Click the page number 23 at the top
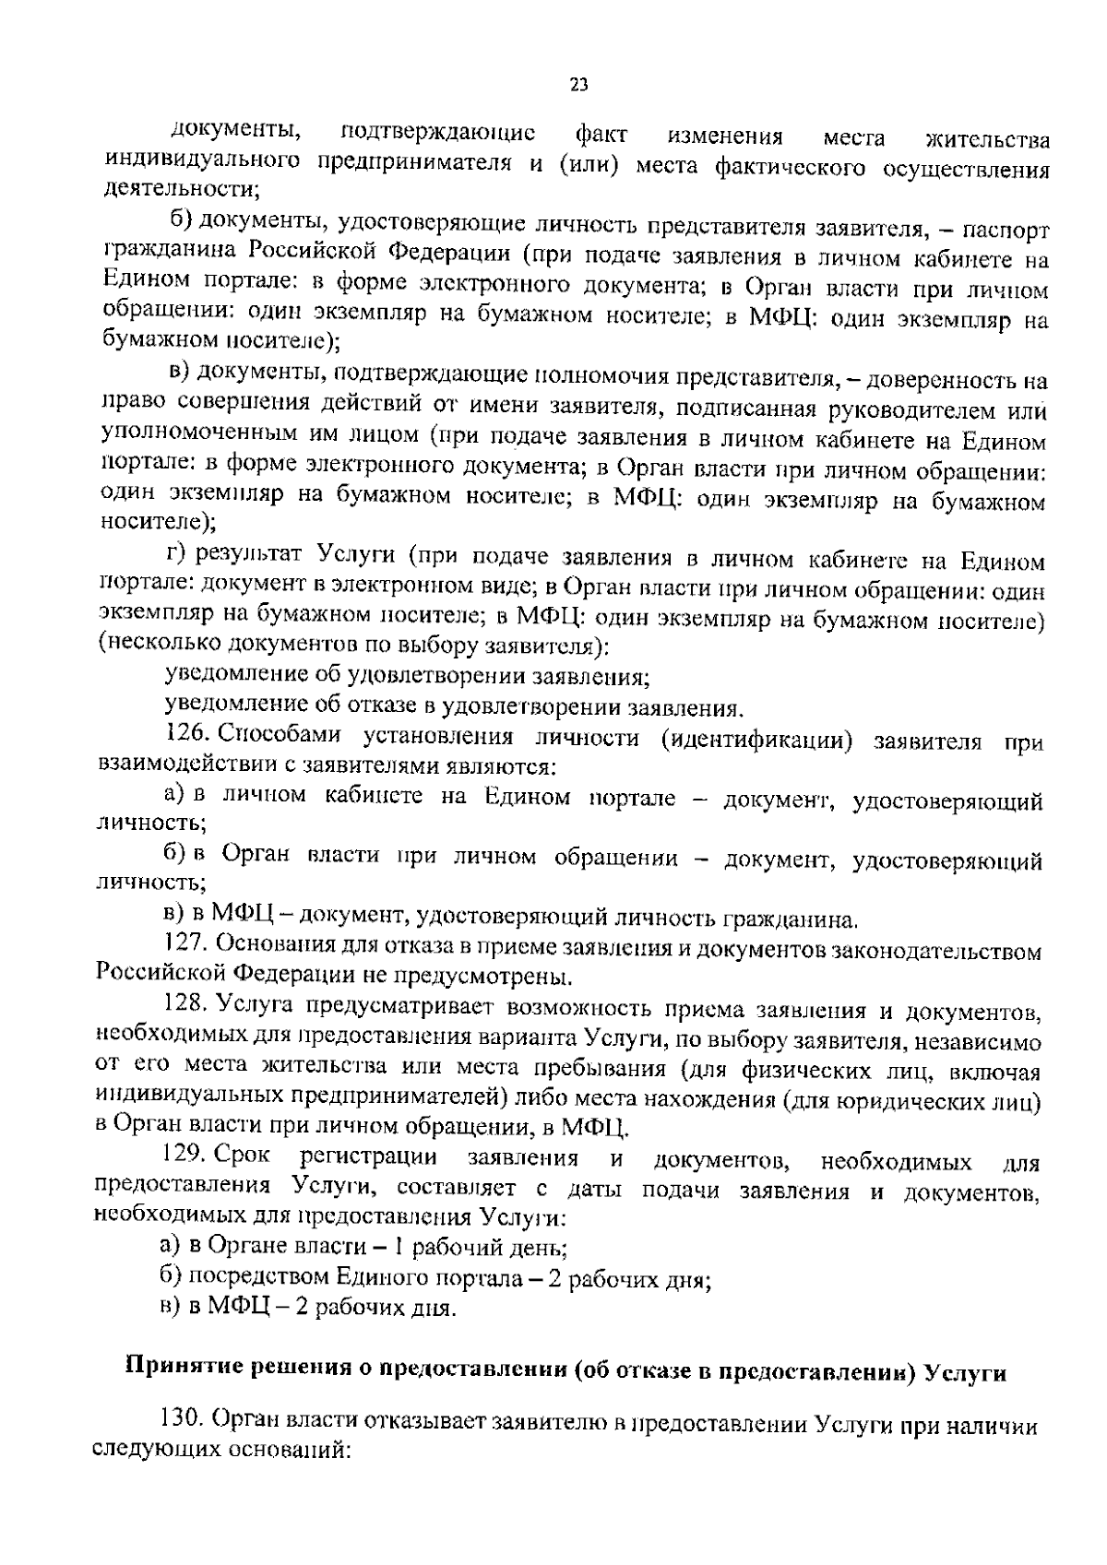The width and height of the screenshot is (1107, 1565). click(578, 86)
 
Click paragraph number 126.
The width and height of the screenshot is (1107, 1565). click(188, 735)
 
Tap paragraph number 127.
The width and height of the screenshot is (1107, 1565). click(187, 943)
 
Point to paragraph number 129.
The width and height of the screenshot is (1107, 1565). click(188, 1157)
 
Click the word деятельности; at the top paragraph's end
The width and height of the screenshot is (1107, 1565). click(180, 189)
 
